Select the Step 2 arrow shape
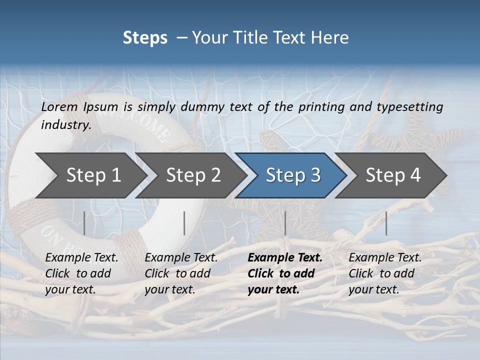[193, 175]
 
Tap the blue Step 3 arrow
[293, 175]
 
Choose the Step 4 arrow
[393, 175]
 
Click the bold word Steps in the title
[145, 37]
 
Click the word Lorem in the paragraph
[59, 106]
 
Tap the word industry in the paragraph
[65, 124]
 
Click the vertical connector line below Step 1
[84, 223]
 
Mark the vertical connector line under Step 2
[184, 223]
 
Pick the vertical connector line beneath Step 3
[285, 223]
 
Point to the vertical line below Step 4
[386, 223]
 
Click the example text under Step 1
[81, 273]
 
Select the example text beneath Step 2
[181, 273]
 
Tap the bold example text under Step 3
[284, 273]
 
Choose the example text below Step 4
[384, 273]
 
